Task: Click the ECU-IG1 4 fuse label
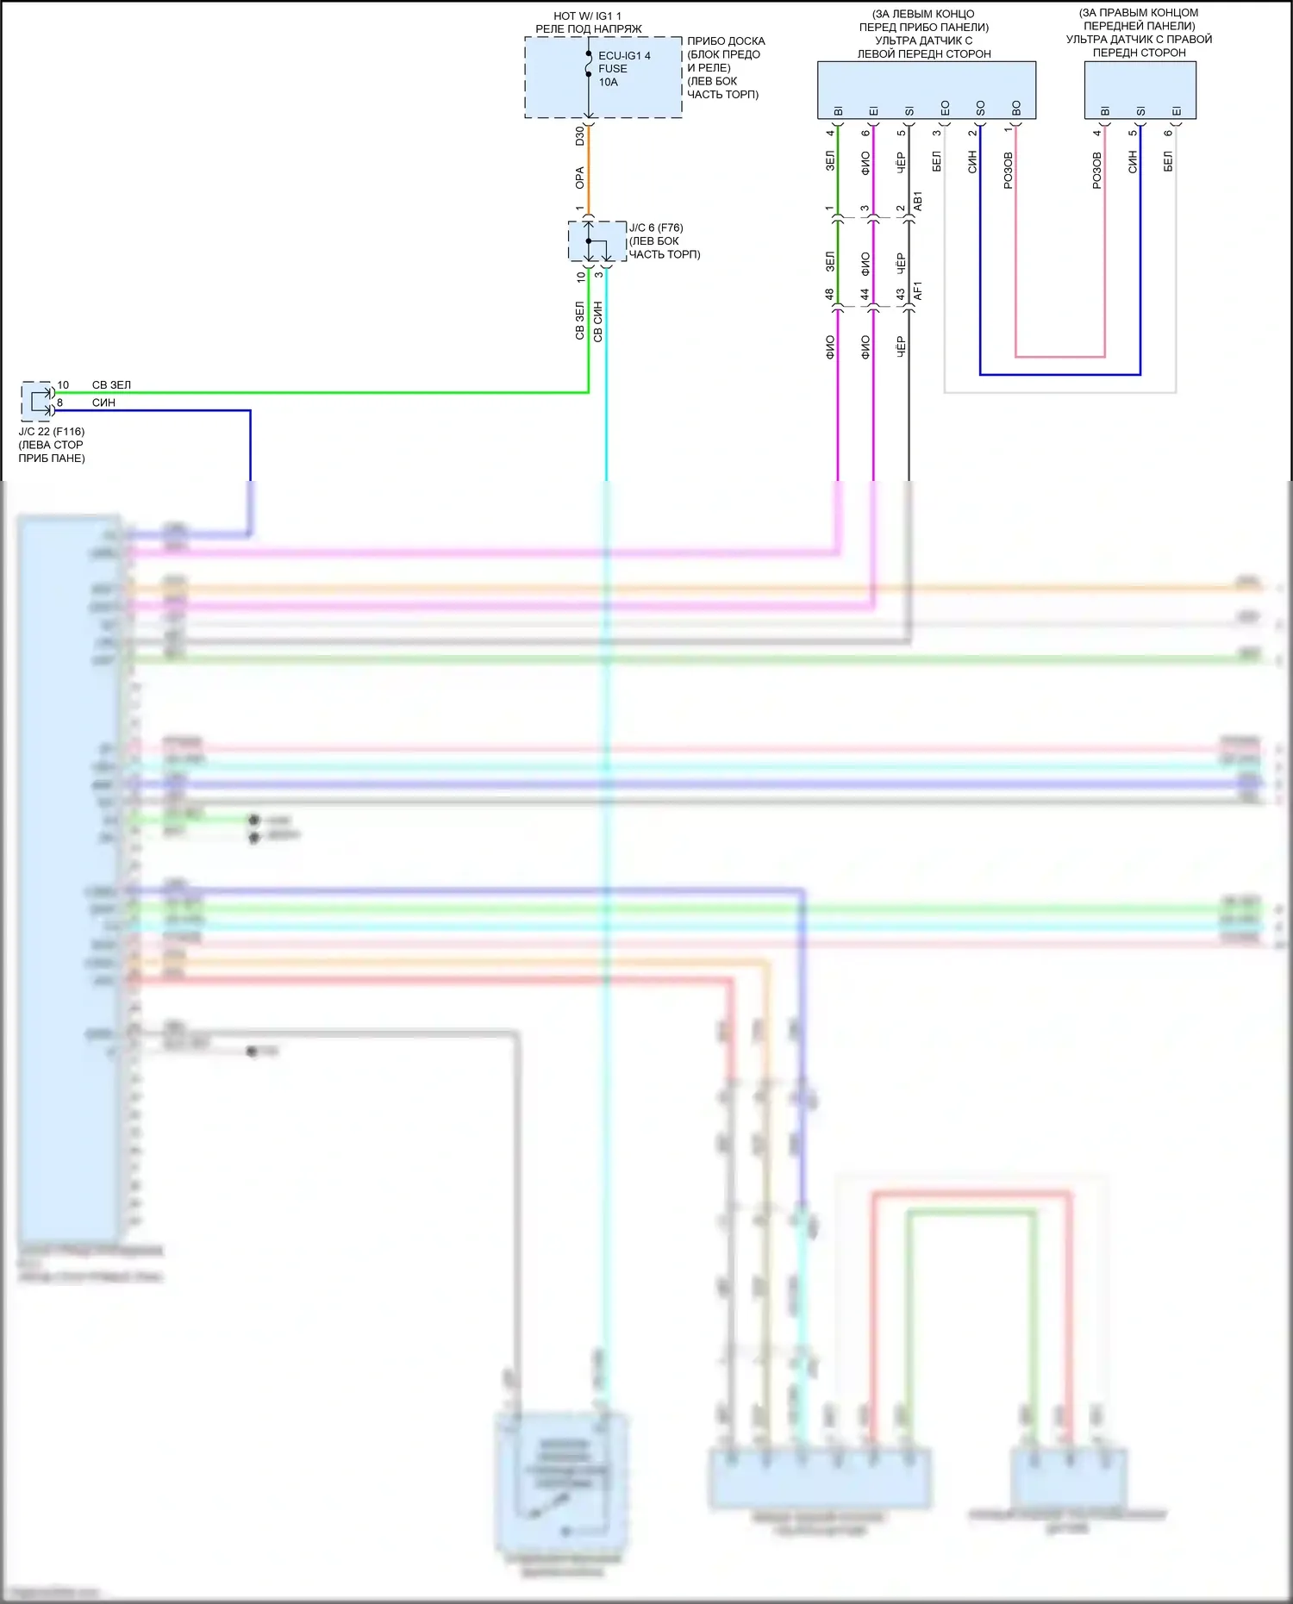(624, 55)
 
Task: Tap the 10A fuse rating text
(609, 82)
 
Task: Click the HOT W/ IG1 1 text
(587, 16)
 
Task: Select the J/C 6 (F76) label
(656, 228)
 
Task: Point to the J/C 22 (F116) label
(52, 431)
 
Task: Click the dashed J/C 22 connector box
(36, 401)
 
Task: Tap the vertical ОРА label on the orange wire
(580, 178)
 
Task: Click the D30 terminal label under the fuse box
(580, 135)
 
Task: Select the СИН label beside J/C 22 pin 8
(103, 403)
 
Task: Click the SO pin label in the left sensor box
(980, 109)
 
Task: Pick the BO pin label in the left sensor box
(1016, 109)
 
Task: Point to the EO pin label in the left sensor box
(945, 109)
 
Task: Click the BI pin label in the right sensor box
(1105, 110)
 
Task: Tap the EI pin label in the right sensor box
(1177, 110)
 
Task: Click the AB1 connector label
(918, 201)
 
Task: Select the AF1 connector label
(918, 290)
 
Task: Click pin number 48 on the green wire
(829, 294)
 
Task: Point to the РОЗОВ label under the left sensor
(1009, 171)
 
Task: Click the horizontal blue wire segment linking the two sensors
(1060, 375)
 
